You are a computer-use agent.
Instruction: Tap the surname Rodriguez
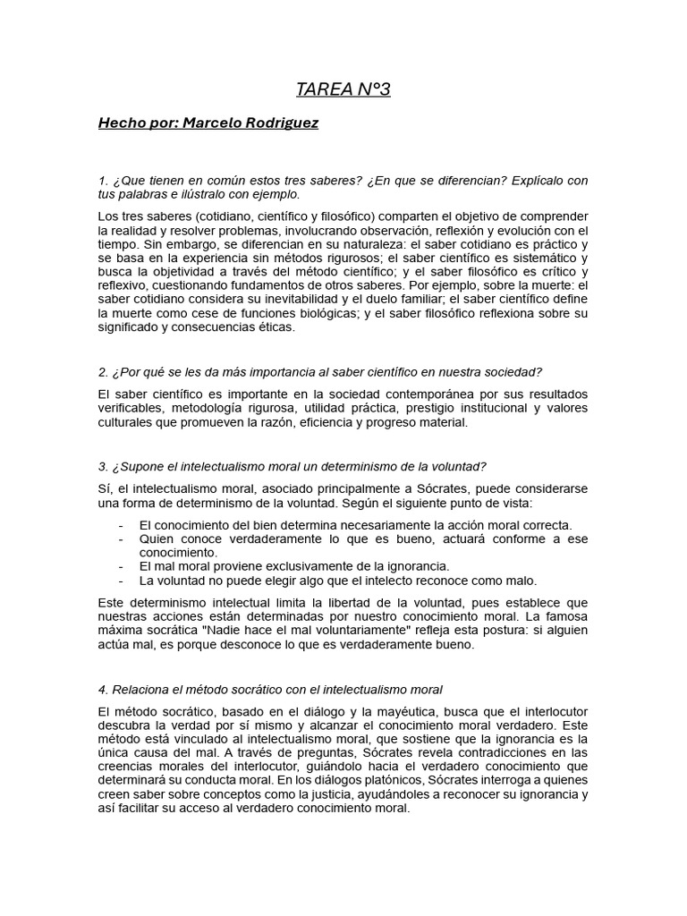[286, 122]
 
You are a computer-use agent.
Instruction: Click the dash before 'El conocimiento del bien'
[121, 525]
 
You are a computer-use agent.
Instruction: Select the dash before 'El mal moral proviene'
[121, 566]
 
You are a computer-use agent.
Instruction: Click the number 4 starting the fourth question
[102, 689]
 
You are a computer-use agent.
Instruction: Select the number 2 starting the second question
[102, 372]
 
